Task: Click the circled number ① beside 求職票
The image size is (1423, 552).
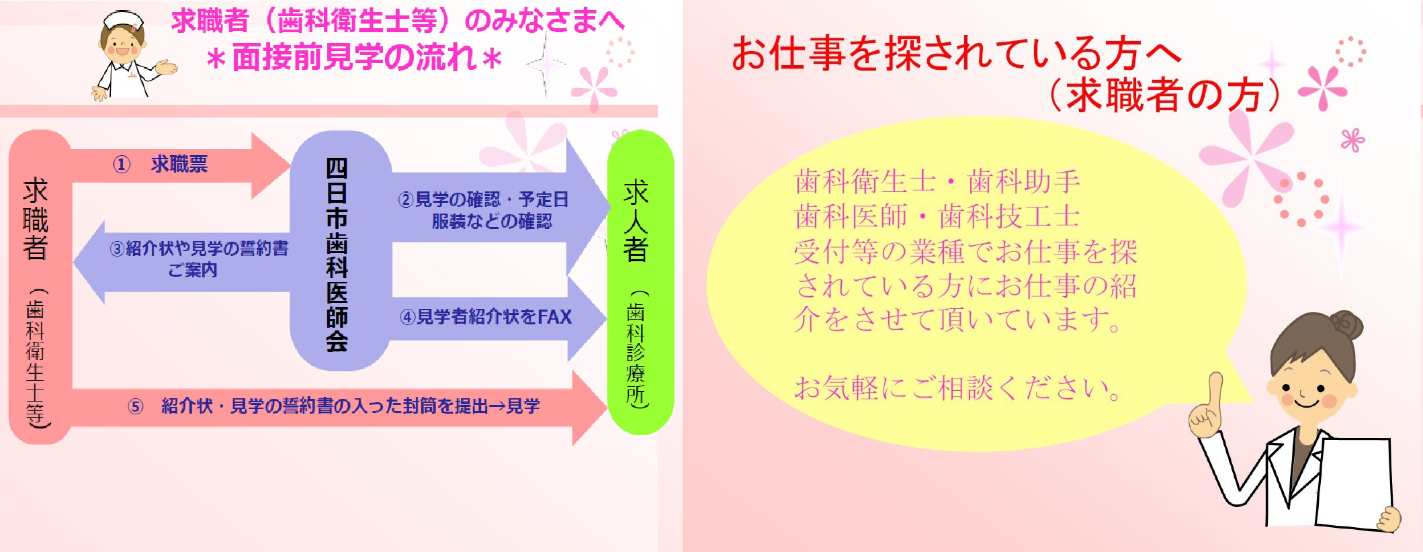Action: point(121,165)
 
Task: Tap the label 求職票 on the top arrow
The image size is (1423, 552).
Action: point(179,164)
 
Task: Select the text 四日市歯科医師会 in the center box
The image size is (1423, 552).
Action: point(337,255)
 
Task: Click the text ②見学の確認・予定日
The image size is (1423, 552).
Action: point(483,199)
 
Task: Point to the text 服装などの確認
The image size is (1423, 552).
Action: point(492,221)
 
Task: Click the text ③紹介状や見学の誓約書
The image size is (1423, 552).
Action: point(199,248)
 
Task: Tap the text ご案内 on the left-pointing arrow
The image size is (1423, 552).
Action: point(193,270)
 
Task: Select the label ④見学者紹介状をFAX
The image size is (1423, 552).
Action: point(486,317)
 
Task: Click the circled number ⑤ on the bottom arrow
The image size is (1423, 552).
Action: point(136,406)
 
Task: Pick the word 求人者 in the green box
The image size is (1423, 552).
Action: point(636,221)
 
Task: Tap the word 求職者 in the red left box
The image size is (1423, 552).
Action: point(36,219)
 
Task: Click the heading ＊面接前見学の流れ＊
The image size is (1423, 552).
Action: point(354,58)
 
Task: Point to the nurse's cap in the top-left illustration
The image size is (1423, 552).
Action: point(124,20)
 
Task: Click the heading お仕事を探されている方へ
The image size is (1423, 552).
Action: point(956,53)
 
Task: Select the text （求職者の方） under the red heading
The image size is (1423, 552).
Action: point(1166,95)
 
